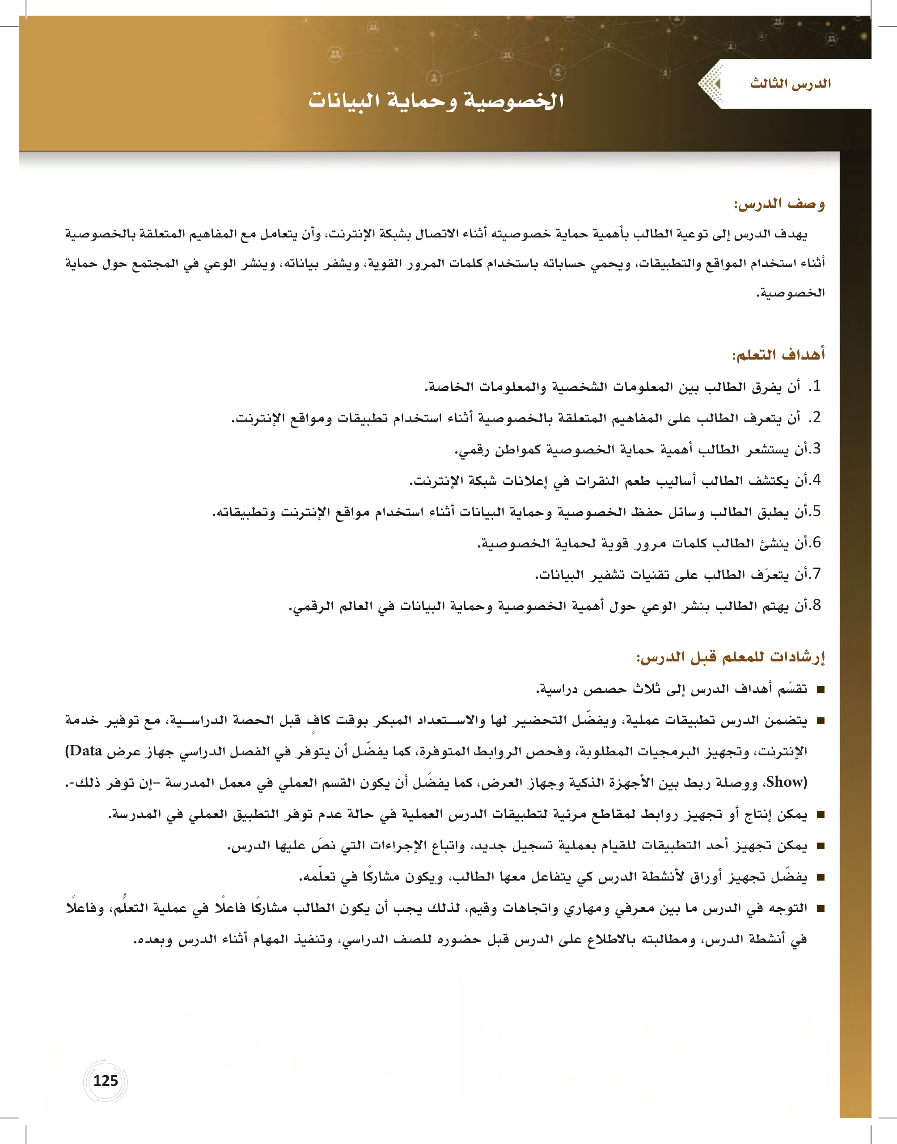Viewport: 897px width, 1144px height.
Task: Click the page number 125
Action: point(105,1080)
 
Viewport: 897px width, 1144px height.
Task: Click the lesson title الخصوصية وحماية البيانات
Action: point(436,100)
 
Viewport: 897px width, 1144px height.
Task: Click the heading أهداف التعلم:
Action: point(779,355)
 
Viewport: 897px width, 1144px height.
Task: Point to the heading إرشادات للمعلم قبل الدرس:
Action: point(731,657)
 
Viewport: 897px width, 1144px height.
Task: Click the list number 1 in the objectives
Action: point(816,386)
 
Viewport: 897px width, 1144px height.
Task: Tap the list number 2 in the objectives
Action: point(816,418)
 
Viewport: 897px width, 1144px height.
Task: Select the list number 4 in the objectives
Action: point(816,480)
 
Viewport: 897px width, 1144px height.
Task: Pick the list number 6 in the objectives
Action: point(816,542)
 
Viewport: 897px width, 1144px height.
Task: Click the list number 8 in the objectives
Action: point(816,605)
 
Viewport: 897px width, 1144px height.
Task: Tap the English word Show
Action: point(786,782)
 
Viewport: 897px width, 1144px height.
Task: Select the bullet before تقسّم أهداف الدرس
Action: point(821,690)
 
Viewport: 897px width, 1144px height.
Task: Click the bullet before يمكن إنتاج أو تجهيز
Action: point(821,815)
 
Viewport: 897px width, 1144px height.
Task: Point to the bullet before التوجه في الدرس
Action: point(821,909)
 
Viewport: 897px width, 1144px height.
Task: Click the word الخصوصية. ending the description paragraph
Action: point(791,293)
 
